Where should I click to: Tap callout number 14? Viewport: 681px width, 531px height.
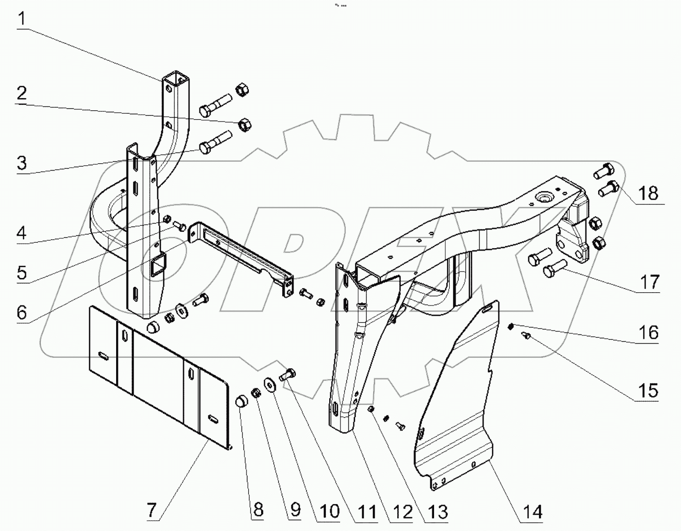coord(533,511)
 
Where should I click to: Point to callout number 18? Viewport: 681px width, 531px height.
coord(648,193)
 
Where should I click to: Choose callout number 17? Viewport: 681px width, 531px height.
coord(649,282)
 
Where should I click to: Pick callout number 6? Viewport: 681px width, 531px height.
coord(22,312)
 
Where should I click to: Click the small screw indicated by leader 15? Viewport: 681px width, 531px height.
coord(527,335)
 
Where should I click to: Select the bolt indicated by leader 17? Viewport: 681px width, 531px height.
coord(554,268)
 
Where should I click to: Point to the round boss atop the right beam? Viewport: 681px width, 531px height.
coord(543,198)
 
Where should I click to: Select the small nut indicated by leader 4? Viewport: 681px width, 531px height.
coord(167,219)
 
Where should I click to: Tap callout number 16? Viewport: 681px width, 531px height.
coord(649,332)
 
